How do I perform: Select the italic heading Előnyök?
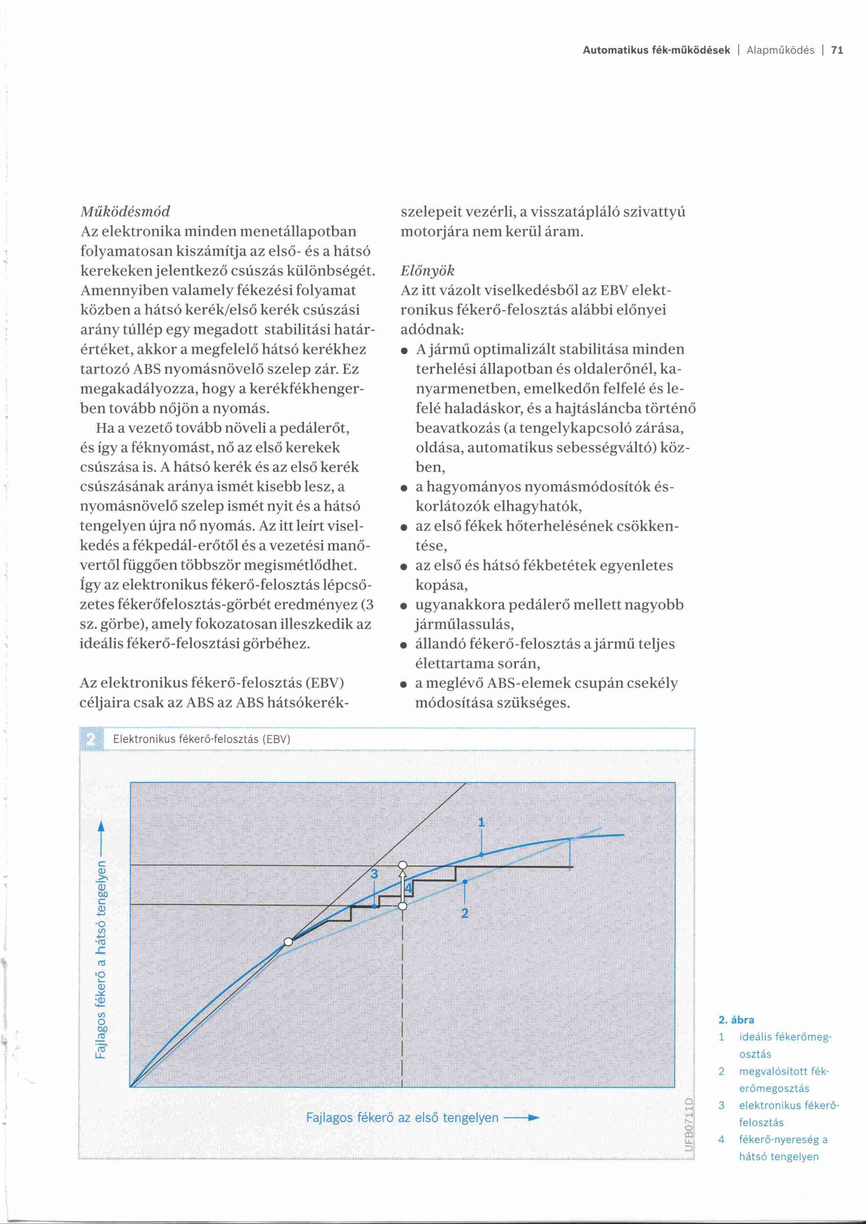pyautogui.click(x=427, y=271)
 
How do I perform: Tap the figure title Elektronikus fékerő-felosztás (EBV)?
pyautogui.click(x=201, y=740)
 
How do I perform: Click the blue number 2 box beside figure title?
pyautogui.click(x=91, y=740)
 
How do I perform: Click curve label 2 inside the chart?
pyautogui.click(x=464, y=914)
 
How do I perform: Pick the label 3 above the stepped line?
pyautogui.click(x=374, y=874)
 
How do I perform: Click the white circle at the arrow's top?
pyautogui.click(x=403, y=865)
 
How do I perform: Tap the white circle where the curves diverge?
pyautogui.click(x=288, y=941)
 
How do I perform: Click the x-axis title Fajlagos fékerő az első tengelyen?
pyautogui.click(x=402, y=1118)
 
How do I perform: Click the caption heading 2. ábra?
pyautogui.click(x=736, y=1020)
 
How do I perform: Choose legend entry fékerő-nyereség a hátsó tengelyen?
pyautogui.click(x=783, y=1148)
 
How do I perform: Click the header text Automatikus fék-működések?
pyautogui.click(x=656, y=51)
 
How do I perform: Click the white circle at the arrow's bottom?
pyautogui.click(x=403, y=906)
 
